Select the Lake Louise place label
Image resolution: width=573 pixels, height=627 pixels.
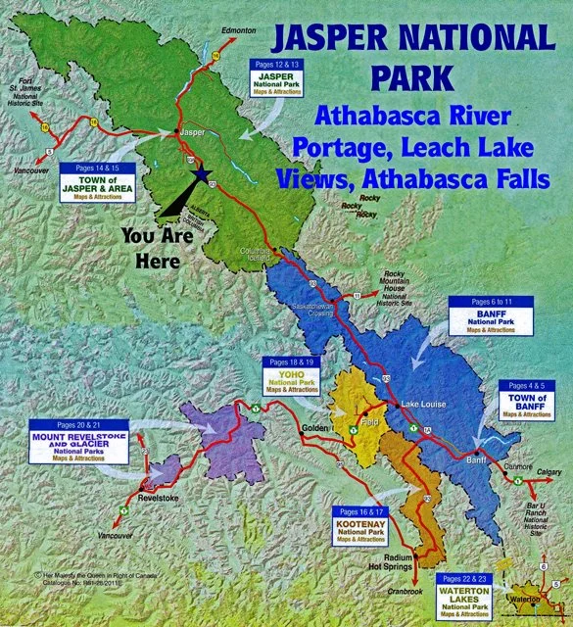[x=422, y=404]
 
